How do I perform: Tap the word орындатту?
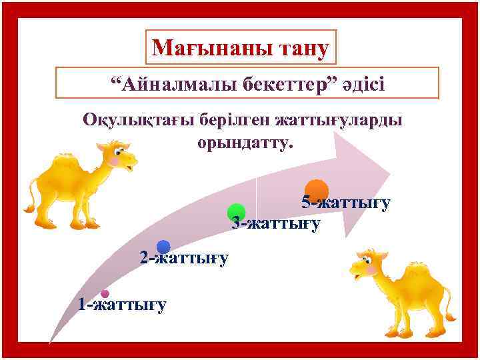[x=245, y=142]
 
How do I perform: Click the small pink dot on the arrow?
[x=105, y=293]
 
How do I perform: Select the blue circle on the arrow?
[x=163, y=247]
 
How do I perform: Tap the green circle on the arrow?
[x=236, y=212]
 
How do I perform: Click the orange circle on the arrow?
[x=317, y=189]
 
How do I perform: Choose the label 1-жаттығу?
[x=122, y=305]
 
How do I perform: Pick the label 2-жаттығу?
[x=184, y=257]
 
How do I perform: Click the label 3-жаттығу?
[x=276, y=223]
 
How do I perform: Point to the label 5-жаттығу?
[x=345, y=202]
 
